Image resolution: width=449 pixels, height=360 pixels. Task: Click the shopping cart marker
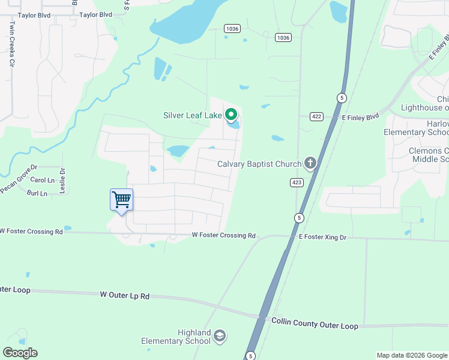121,200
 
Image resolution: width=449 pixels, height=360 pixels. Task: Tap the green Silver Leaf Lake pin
231,114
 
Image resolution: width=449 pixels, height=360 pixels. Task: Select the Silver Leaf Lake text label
192,115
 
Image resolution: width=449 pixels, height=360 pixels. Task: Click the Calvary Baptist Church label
260,164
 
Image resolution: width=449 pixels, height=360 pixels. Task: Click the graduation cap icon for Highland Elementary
220,336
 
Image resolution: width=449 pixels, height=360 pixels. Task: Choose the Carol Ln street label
42,180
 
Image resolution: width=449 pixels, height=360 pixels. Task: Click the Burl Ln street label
37,193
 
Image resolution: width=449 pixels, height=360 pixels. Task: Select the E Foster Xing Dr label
323,238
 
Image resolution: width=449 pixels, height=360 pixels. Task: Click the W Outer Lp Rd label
124,295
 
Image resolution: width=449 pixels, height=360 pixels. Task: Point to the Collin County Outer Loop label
315,323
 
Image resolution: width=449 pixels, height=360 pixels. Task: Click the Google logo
20,353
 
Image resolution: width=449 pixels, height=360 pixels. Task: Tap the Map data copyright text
411,355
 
